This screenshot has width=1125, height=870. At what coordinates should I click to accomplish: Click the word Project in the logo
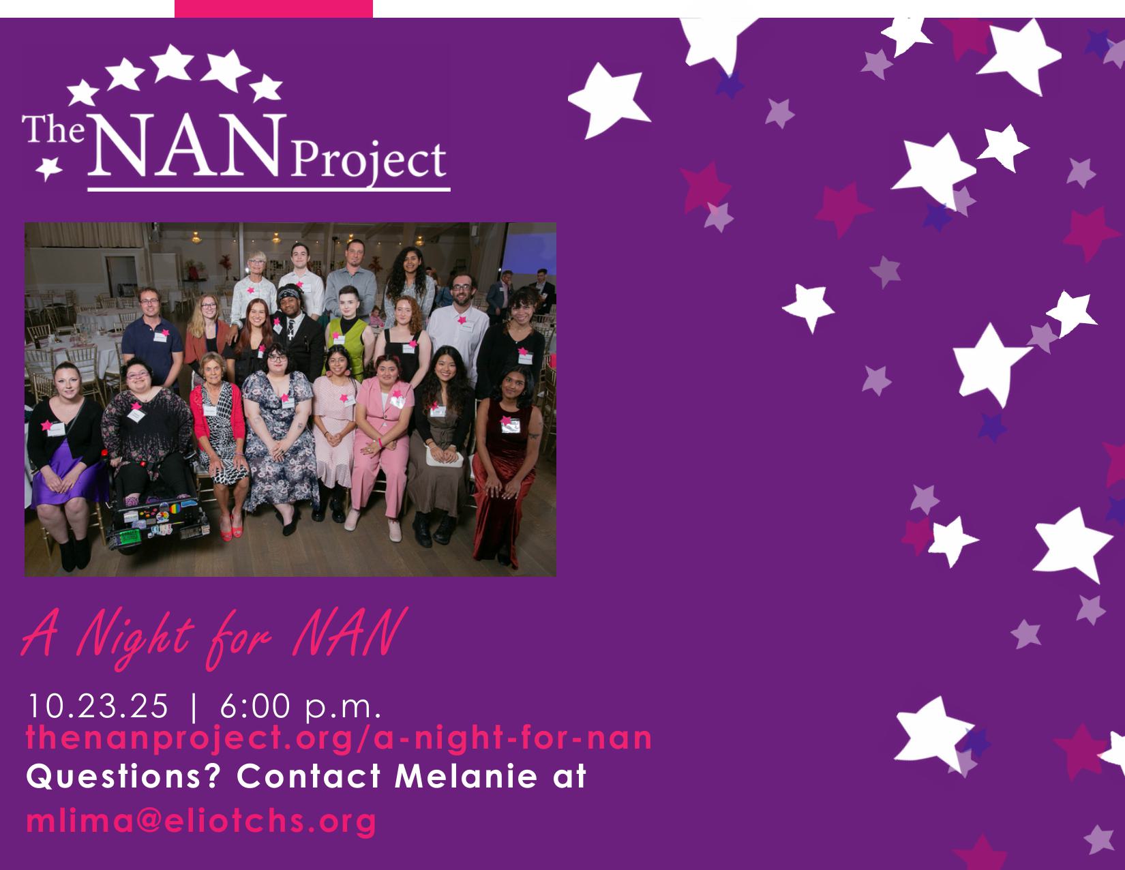click(x=369, y=160)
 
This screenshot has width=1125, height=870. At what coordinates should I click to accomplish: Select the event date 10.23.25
click(x=98, y=706)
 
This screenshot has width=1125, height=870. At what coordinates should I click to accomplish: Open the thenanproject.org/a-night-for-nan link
click(x=339, y=738)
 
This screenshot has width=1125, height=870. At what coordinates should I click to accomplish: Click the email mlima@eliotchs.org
click(x=201, y=822)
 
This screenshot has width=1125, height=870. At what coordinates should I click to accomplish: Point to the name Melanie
click(x=466, y=777)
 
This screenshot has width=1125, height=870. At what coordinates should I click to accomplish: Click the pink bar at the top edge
click(x=273, y=9)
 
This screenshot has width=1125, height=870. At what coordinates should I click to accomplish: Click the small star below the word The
click(x=48, y=168)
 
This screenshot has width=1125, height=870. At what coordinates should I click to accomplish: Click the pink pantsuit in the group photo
click(x=382, y=445)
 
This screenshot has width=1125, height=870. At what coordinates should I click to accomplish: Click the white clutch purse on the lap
click(x=444, y=457)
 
